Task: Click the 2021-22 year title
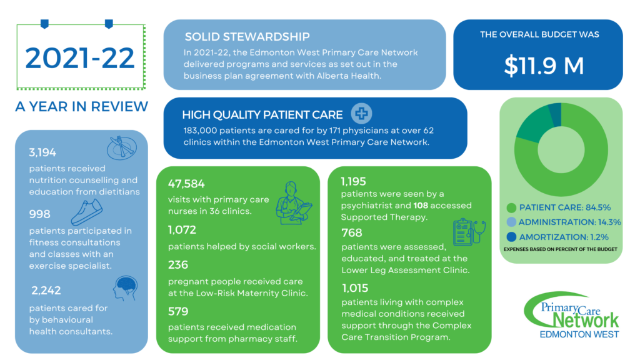pos(80,57)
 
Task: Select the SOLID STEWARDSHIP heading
pos(247,37)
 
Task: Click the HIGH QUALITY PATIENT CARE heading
pos(262,114)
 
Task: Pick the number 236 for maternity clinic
pos(179,264)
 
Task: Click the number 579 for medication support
pos(179,311)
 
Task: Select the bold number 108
pos(422,205)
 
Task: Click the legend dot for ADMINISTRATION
pos(512,221)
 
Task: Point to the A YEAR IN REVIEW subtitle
pos(81,106)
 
